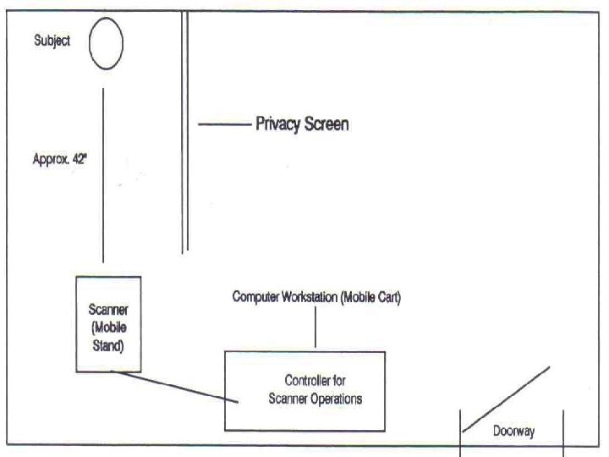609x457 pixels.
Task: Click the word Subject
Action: click(x=52, y=41)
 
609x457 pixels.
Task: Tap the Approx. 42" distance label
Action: click(x=55, y=157)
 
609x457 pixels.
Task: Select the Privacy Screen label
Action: click(x=302, y=124)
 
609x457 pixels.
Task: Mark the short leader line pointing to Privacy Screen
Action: click(x=224, y=124)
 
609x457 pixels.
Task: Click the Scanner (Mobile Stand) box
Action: click(x=108, y=324)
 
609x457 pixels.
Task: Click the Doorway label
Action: click(x=513, y=430)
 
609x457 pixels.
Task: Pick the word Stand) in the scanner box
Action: click(x=108, y=344)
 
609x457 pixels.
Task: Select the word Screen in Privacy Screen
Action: click(x=325, y=124)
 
